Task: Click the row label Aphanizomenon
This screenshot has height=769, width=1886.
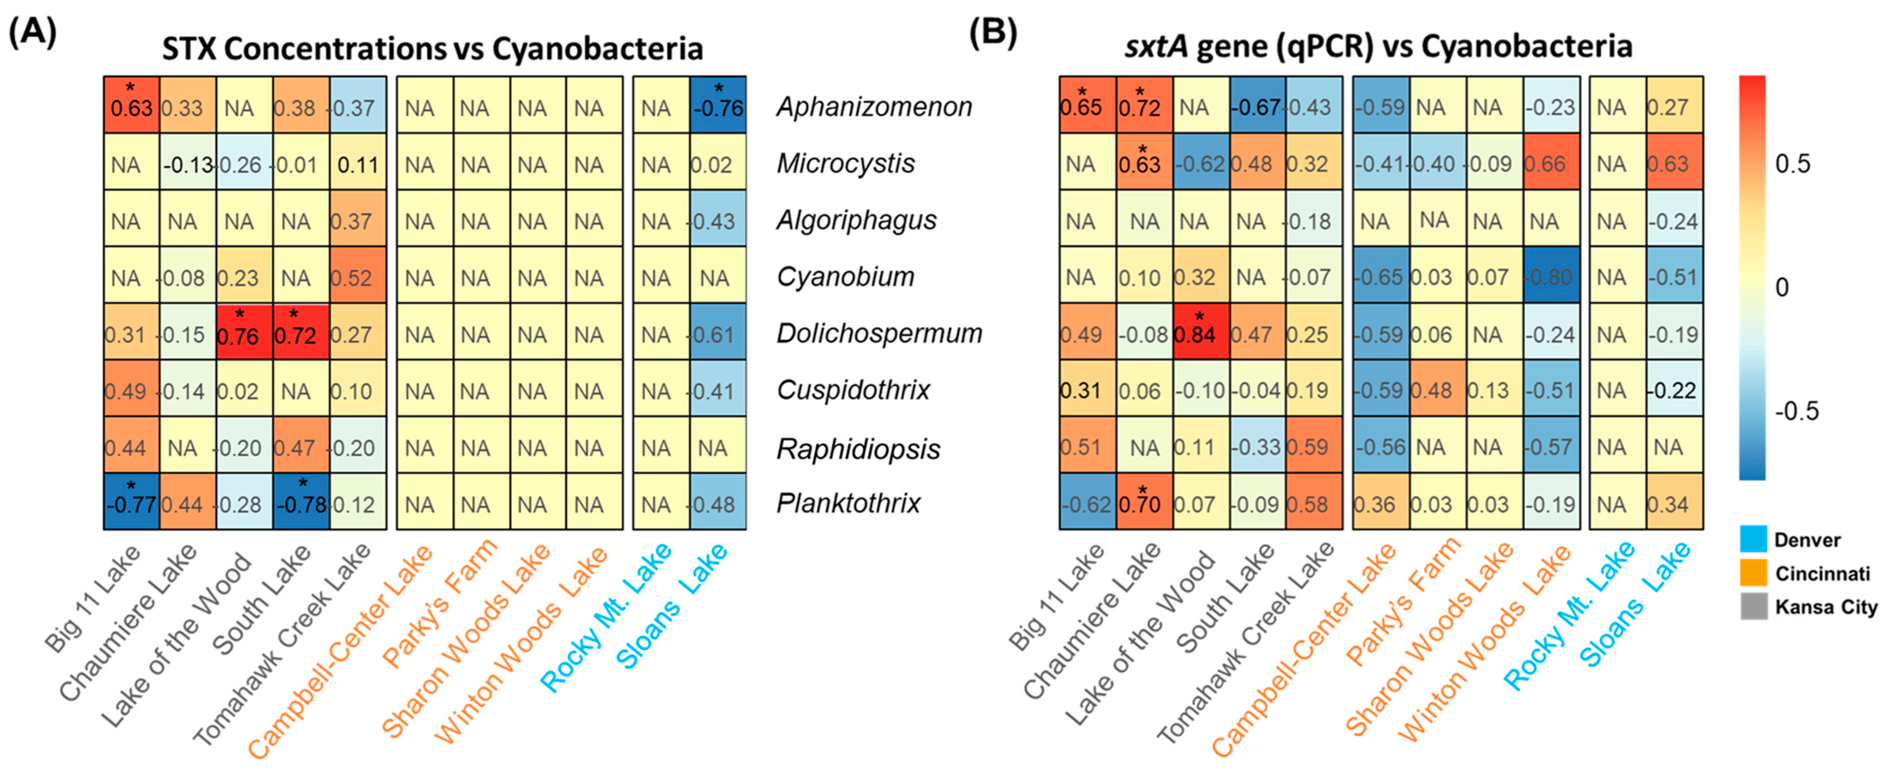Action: click(x=874, y=107)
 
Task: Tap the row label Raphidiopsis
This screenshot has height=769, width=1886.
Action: click(x=858, y=449)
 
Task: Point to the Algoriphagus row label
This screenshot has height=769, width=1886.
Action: click(x=856, y=220)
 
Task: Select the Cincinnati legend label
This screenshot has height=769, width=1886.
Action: click(x=1822, y=574)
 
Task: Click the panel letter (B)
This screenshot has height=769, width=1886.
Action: click(x=993, y=33)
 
